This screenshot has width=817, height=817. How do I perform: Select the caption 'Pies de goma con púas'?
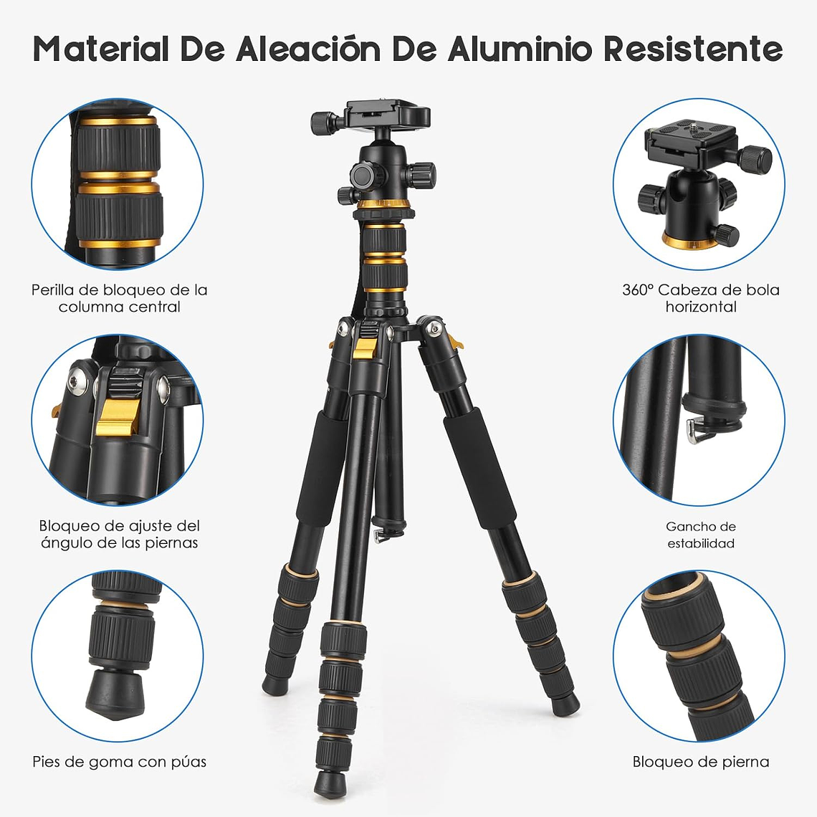click(119, 762)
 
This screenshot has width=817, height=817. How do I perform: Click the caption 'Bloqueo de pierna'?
click(700, 762)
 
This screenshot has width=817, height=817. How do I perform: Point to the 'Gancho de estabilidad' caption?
click(700, 535)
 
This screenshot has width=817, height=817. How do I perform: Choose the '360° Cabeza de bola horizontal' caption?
click(700, 298)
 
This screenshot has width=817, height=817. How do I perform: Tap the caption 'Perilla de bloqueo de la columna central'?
click(119, 298)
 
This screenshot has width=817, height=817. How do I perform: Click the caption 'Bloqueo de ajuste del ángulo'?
click(119, 535)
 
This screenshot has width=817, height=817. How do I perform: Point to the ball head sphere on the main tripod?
click(383, 172)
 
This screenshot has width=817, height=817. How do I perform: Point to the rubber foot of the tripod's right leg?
click(567, 703)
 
